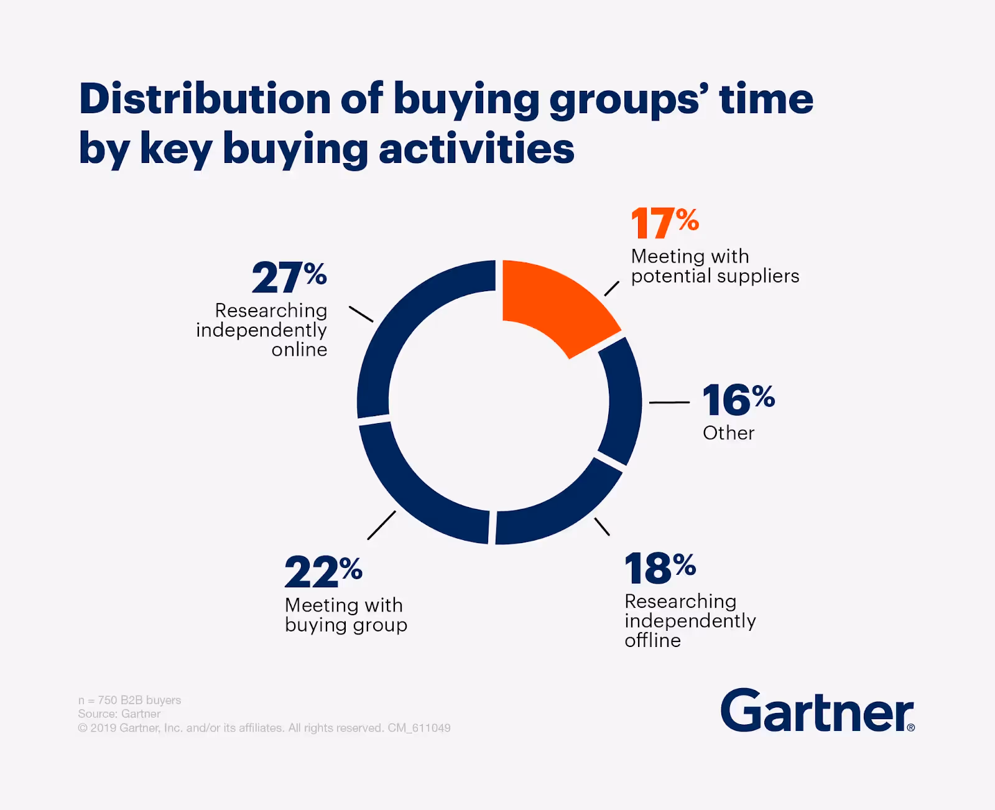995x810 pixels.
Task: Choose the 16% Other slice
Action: click(x=622, y=401)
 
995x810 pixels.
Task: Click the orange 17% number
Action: click(x=664, y=223)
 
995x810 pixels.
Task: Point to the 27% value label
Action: click(x=289, y=277)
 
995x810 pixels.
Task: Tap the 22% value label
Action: click(x=323, y=571)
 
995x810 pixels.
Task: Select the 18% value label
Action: click(x=660, y=568)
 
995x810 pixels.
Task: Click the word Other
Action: click(x=728, y=433)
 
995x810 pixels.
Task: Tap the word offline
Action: click(x=652, y=640)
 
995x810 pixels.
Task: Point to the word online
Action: click(x=299, y=350)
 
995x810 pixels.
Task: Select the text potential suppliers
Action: click(x=715, y=276)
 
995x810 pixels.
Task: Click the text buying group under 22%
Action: click(x=346, y=625)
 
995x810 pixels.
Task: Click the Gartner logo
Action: click(x=817, y=711)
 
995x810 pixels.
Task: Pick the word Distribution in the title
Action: click(x=205, y=100)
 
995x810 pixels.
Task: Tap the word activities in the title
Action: click(x=476, y=149)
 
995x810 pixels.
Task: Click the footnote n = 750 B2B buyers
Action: click(x=129, y=700)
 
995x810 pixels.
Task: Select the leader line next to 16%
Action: click(x=669, y=403)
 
